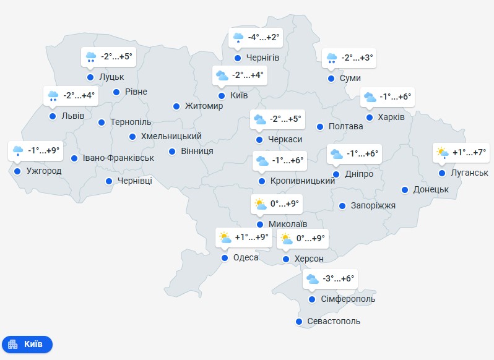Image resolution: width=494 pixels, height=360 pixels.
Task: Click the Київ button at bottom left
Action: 27,344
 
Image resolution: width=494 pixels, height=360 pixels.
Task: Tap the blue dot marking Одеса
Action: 225,257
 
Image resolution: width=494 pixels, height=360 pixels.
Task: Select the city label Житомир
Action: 204,106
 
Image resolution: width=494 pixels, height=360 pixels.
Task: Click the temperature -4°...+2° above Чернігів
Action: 264,38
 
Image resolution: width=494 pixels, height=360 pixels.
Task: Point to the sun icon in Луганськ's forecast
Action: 442,152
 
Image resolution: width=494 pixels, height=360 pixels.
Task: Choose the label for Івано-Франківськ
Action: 118,158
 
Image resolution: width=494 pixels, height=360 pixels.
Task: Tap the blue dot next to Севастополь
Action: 300,322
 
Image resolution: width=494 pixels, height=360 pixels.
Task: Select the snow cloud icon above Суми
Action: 332,58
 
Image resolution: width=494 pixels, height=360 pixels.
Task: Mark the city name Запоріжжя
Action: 373,206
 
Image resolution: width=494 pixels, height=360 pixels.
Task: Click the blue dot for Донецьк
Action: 405,189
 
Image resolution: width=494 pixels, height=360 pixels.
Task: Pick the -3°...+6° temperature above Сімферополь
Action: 339,279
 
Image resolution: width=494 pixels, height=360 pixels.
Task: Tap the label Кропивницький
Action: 303,181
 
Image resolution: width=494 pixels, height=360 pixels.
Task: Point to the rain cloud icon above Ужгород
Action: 18,150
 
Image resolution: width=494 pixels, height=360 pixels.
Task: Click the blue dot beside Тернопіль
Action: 102,122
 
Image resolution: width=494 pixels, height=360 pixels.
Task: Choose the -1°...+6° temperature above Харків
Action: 395,97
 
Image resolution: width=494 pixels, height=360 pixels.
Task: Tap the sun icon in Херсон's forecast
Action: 286,238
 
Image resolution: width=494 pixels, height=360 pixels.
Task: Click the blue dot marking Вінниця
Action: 172,151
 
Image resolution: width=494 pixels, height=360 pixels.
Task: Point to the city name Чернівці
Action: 134,181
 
